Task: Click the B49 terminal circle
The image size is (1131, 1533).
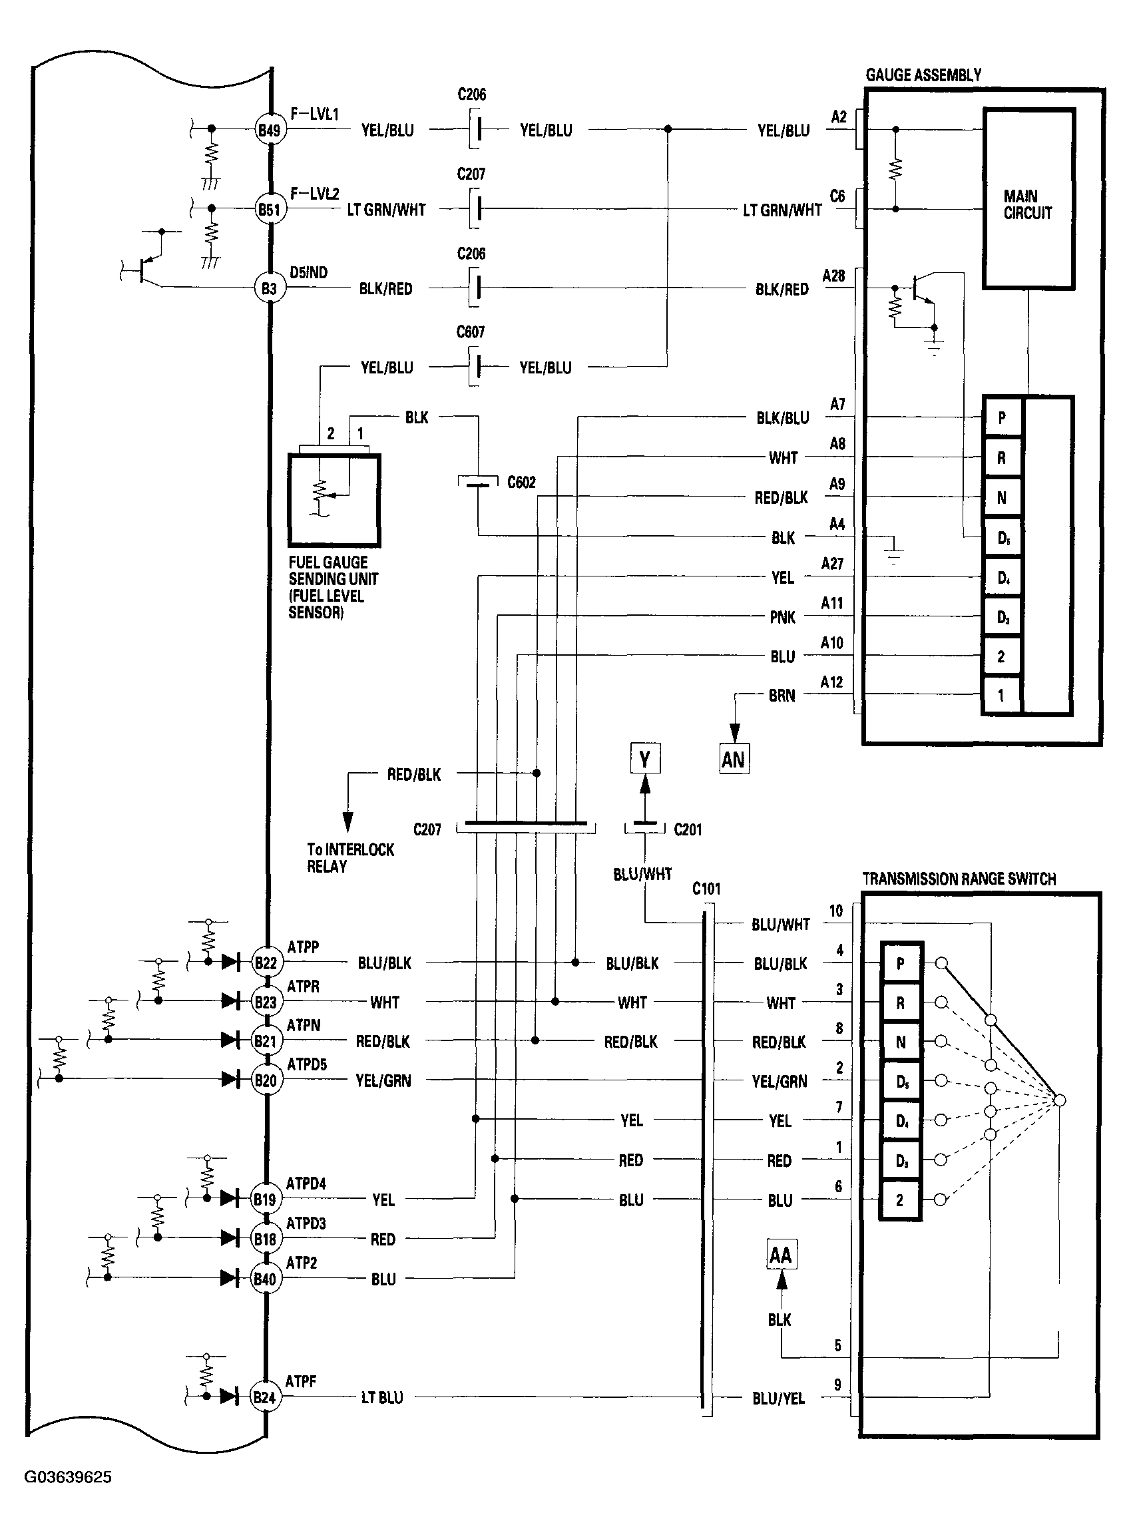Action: (268, 129)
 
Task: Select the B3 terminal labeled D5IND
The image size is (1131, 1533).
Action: (268, 288)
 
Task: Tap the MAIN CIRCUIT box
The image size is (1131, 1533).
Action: (1028, 198)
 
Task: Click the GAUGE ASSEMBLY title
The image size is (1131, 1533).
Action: (923, 75)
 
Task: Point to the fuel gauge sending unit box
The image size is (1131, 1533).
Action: (334, 500)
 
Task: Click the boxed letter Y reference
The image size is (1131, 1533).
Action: (645, 759)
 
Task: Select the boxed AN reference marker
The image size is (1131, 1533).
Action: (734, 759)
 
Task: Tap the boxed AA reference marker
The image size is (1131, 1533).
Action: (780, 1255)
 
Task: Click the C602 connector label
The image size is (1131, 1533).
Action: (521, 483)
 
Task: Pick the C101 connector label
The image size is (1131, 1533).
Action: (706, 889)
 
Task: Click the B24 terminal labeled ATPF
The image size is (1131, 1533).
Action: (264, 1397)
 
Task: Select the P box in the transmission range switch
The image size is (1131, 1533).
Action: (900, 963)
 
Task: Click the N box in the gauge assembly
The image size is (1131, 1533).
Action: (1002, 498)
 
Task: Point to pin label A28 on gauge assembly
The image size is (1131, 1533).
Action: (833, 276)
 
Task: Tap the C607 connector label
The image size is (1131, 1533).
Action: (471, 332)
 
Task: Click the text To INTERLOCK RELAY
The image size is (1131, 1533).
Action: (350, 858)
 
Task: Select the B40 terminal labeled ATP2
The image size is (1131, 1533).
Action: (265, 1278)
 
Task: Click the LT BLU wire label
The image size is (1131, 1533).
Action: (382, 1397)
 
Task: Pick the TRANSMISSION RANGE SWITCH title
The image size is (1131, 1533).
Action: (959, 879)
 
